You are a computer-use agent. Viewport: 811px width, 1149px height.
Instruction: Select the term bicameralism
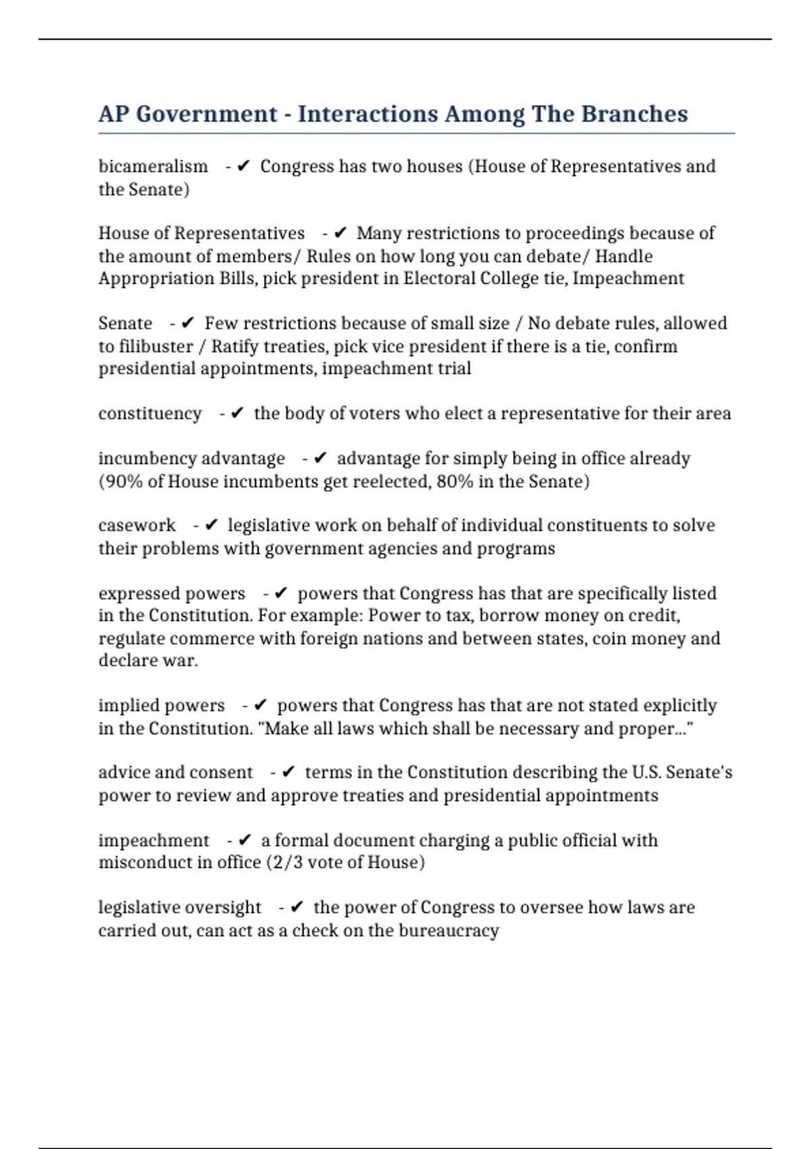pyautogui.click(x=153, y=166)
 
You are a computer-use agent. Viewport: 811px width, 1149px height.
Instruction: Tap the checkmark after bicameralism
pyautogui.click(x=244, y=166)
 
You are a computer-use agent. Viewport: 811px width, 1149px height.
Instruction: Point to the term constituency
pyautogui.click(x=150, y=414)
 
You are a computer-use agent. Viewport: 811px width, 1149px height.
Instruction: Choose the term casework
pyautogui.click(x=137, y=525)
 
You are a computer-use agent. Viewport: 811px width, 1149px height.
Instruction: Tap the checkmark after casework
pyautogui.click(x=211, y=525)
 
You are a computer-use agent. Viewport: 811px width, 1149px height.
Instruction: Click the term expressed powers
pyautogui.click(x=172, y=593)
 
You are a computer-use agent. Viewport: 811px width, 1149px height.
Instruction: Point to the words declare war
pyautogui.click(x=148, y=660)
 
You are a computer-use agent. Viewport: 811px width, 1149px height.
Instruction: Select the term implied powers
pyautogui.click(x=162, y=706)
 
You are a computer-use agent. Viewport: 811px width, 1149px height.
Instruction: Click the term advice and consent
pyautogui.click(x=176, y=773)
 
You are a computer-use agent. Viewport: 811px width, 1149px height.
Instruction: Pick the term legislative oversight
pyautogui.click(x=180, y=907)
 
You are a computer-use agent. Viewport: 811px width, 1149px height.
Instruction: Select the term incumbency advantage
pyautogui.click(x=192, y=458)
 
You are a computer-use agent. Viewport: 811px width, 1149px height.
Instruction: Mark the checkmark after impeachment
pyautogui.click(x=245, y=840)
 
